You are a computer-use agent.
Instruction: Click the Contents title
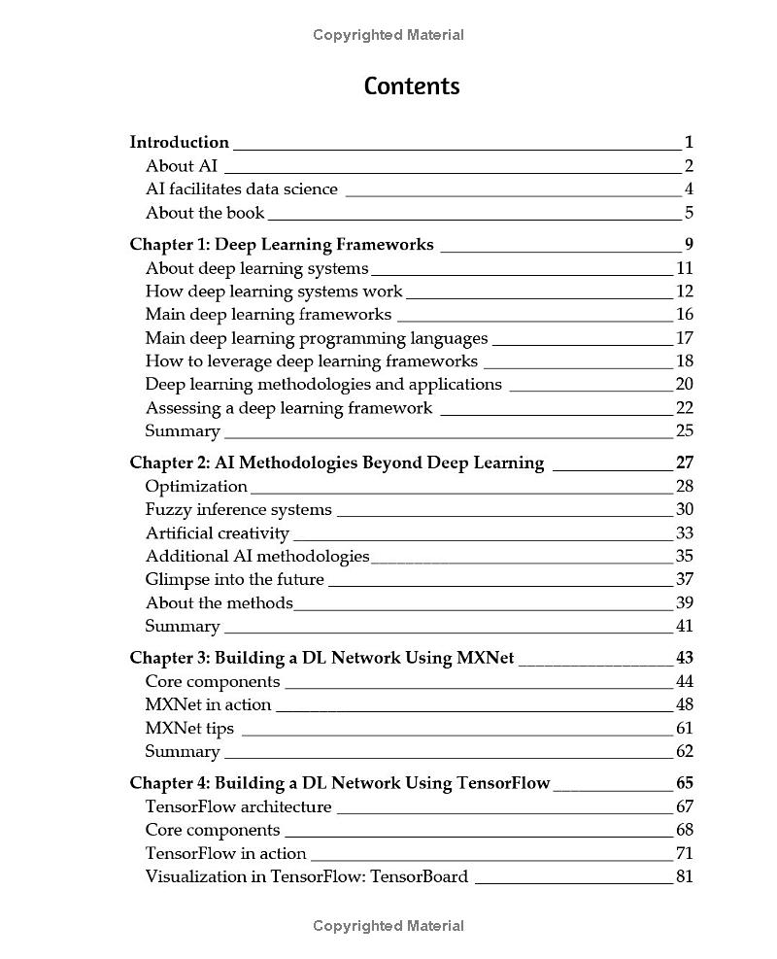pyautogui.click(x=412, y=86)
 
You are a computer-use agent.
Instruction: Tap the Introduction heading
pyautogui.click(x=180, y=142)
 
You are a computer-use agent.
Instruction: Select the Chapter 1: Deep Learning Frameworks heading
pyautogui.click(x=282, y=245)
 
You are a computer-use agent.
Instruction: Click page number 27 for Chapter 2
pyautogui.click(x=684, y=462)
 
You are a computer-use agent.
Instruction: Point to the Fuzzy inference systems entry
pyautogui.click(x=238, y=510)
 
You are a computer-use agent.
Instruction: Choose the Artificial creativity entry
pyautogui.click(x=218, y=533)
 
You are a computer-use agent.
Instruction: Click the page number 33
pyautogui.click(x=684, y=533)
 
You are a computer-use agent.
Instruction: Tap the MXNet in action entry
pyautogui.click(x=208, y=705)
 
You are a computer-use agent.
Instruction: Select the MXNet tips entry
pyautogui.click(x=189, y=729)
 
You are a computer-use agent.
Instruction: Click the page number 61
pyautogui.click(x=684, y=729)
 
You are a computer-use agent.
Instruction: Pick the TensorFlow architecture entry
pyautogui.click(x=238, y=807)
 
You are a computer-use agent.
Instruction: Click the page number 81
pyautogui.click(x=684, y=877)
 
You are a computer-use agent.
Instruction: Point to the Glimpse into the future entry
pyautogui.click(x=234, y=580)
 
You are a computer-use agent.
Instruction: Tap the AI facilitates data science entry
pyautogui.click(x=242, y=189)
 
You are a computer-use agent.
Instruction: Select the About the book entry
pyautogui.click(x=205, y=213)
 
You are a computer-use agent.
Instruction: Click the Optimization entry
pyautogui.click(x=196, y=487)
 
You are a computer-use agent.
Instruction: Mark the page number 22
pyautogui.click(x=684, y=408)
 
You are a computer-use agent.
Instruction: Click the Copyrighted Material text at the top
pyautogui.click(x=388, y=35)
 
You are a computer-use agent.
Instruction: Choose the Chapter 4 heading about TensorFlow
pyautogui.click(x=340, y=783)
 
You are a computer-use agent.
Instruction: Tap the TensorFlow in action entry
pyautogui.click(x=225, y=854)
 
